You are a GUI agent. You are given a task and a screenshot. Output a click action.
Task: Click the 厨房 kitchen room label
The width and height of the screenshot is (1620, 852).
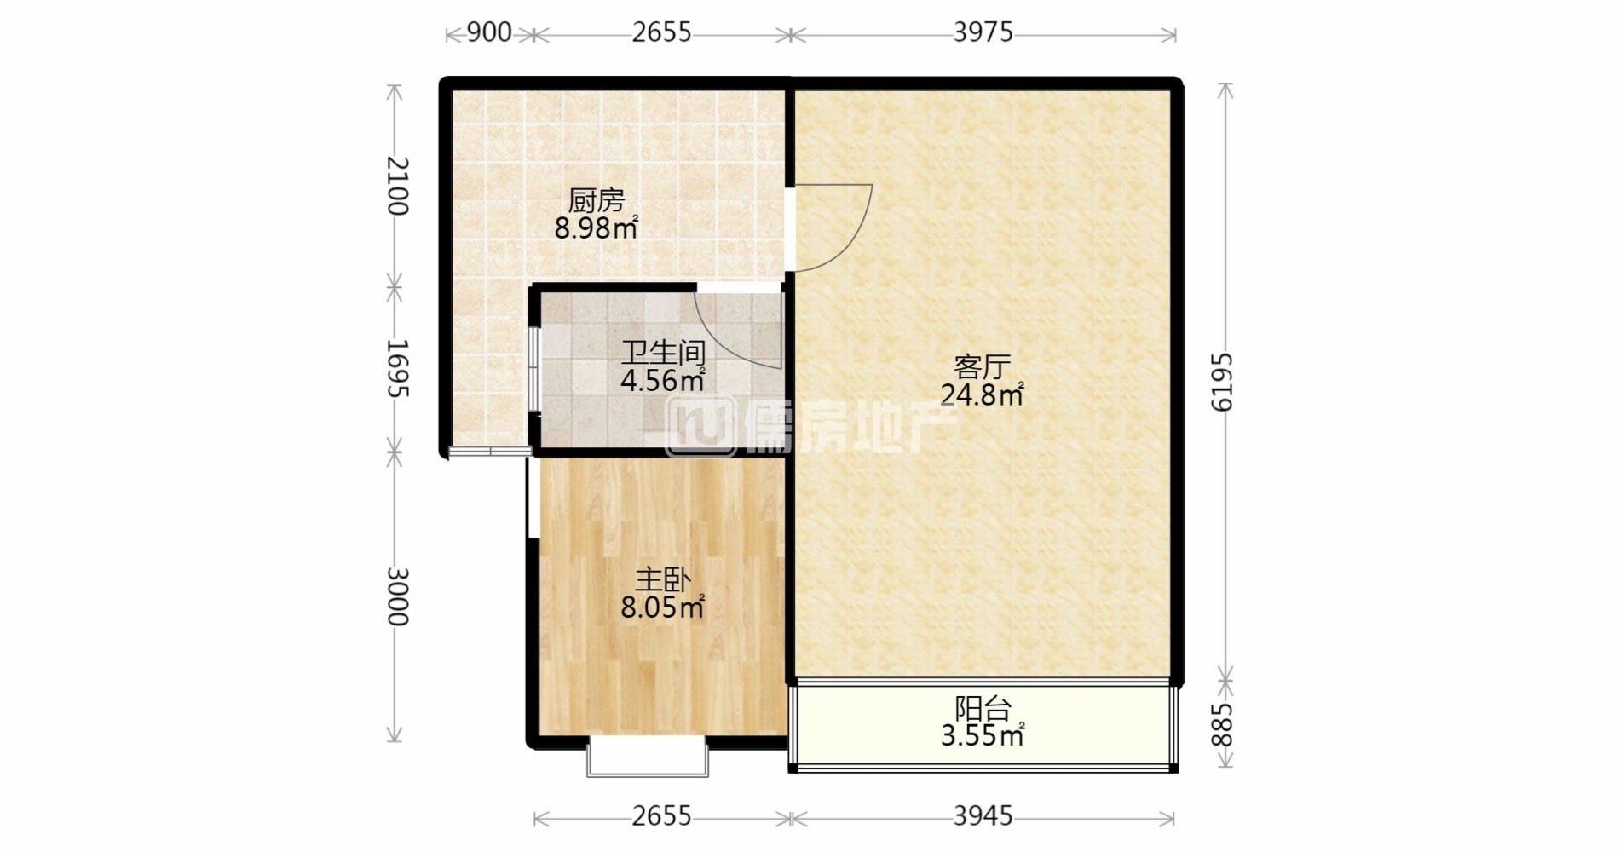click(x=597, y=201)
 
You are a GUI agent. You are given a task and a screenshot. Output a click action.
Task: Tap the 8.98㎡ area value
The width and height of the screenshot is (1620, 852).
click(x=597, y=228)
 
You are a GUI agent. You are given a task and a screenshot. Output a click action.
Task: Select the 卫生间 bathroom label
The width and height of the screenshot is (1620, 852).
click(x=663, y=352)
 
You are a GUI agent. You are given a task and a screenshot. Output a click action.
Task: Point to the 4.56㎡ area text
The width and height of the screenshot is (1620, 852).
click(x=663, y=380)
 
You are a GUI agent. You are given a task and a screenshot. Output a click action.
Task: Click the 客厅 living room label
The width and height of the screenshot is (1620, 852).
click(x=982, y=367)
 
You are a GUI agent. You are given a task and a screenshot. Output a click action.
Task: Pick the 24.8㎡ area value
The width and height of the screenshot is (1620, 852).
click(x=982, y=394)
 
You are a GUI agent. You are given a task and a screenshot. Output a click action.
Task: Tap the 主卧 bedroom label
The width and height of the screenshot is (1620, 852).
click(x=662, y=580)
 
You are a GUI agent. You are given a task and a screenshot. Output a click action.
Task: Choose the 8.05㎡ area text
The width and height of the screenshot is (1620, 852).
click(x=662, y=607)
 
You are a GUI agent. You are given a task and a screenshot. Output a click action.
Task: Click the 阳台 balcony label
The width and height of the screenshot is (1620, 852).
click(x=983, y=707)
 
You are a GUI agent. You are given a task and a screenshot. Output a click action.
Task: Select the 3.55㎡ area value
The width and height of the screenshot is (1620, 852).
click(x=983, y=734)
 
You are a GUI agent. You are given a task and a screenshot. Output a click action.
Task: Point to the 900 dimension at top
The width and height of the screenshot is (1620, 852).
click(x=490, y=32)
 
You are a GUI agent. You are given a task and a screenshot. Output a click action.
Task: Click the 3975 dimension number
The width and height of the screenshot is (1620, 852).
click(x=983, y=32)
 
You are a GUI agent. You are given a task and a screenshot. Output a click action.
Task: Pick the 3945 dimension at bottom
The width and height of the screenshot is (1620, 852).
click(x=983, y=816)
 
